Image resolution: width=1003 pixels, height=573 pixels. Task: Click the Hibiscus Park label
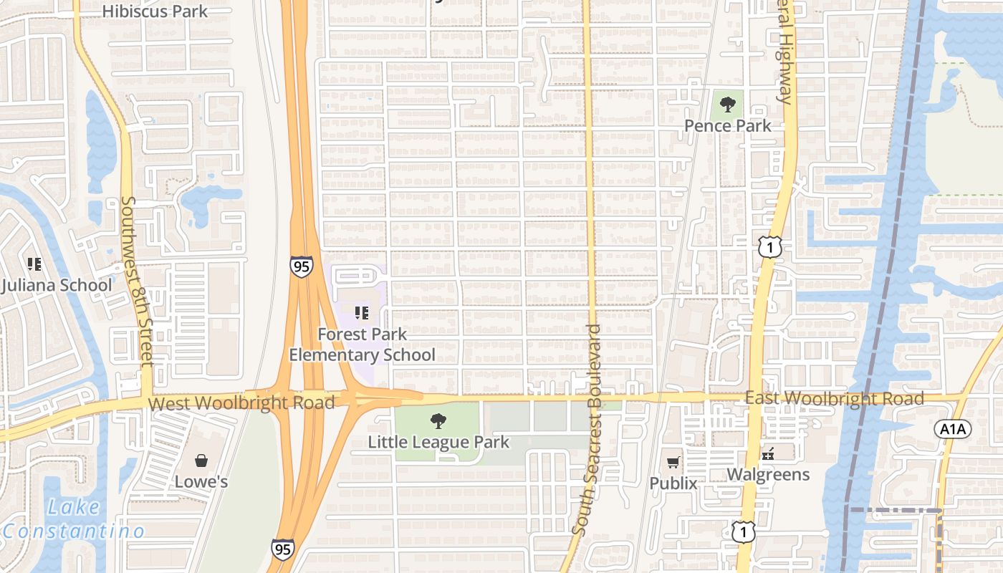155,11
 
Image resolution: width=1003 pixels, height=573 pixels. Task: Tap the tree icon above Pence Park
728,105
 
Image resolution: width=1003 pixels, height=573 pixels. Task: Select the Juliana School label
57,285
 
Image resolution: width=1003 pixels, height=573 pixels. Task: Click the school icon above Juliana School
34,264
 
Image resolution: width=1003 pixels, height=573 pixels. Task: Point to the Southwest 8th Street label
137,281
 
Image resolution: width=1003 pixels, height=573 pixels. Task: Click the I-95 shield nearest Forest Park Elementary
302,266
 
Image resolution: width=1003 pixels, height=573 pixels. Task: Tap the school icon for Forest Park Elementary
362,312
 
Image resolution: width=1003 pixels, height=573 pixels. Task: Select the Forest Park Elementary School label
362,345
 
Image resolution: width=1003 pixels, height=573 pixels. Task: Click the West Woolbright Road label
241,403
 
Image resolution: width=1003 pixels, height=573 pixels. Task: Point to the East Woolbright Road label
834,398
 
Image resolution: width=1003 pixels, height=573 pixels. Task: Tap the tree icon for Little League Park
438,420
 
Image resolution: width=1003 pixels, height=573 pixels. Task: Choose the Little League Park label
438,442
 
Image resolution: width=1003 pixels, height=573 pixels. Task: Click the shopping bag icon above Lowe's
201,460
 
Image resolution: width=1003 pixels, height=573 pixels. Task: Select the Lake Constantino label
73,519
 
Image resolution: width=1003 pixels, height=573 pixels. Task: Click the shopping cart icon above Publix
673,462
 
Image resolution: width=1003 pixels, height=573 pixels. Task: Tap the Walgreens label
768,474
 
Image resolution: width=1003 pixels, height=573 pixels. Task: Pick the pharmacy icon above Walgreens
768,454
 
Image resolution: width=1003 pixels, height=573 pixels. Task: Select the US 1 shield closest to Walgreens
743,531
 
